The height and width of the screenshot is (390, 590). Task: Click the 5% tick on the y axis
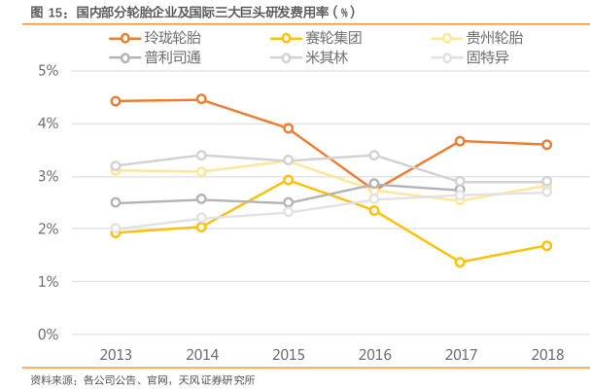(x=48, y=71)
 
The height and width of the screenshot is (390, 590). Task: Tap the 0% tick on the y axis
(x=48, y=335)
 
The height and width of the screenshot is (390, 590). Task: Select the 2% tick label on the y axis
(x=48, y=230)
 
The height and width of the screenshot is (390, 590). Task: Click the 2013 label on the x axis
(x=116, y=355)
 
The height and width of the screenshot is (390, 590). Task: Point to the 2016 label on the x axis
(x=374, y=355)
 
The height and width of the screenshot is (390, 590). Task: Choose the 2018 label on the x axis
(x=546, y=355)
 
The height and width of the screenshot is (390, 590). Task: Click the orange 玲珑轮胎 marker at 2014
(x=201, y=99)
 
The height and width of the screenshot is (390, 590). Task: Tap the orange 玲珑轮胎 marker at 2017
(x=460, y=141)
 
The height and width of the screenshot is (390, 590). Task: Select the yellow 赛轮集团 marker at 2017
(x=460, y=263)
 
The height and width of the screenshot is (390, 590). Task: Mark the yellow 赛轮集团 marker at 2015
(x=288, y=180)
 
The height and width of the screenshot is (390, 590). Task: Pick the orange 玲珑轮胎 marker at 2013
(x=116, y=101)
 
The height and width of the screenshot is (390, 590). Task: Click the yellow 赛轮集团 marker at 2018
(x=546, y=246)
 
